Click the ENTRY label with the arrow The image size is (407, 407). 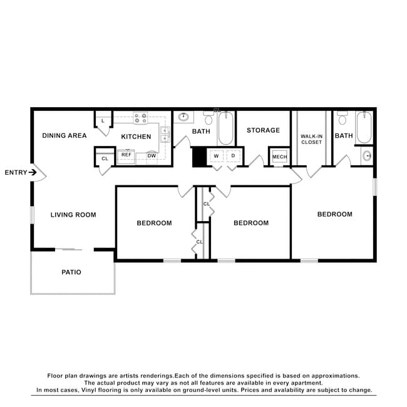(x=18, y=172)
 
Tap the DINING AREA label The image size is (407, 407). (x=64, y=135)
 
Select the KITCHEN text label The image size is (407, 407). (x=136, y=137)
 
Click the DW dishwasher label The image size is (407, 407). (x=152, y=156)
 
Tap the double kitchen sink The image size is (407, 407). (x=165, y=135)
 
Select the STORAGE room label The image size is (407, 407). (x=263, y=130)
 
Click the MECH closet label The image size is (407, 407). (x=279, y=157)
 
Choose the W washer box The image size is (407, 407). (x=216, y=155)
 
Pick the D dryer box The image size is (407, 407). (x=233, y=155)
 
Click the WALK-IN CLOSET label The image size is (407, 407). (x=311, y=138)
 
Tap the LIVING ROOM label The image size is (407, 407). (x=73, y=215)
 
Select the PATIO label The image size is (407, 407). (x=71, y=272)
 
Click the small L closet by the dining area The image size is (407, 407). (x=103, y=120)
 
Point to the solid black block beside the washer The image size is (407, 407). (x=199, y=157)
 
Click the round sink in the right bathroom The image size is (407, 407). (x=368, y=155)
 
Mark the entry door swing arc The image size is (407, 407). (x=39, y=172)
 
